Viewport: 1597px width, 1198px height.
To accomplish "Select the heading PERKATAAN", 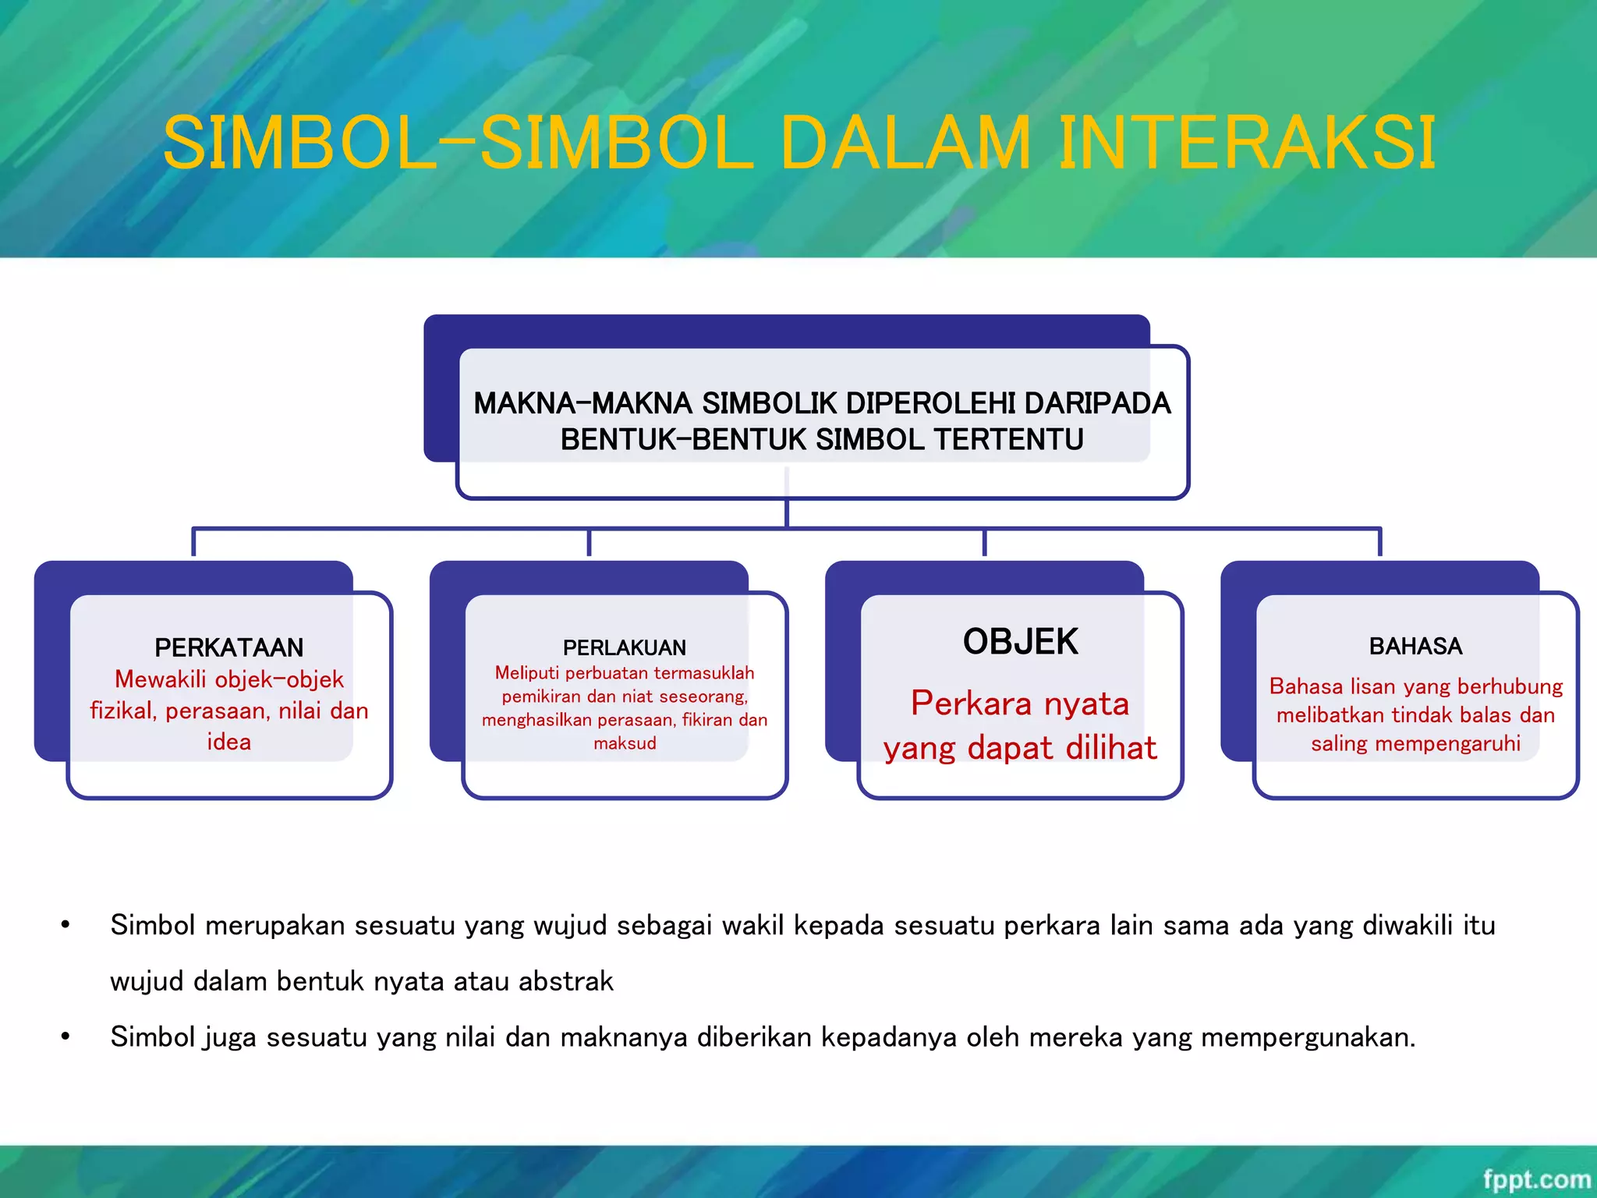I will point(228,647).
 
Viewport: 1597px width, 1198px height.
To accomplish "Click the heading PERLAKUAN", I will point(625,647).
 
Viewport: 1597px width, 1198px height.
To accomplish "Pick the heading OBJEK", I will point(1020,642).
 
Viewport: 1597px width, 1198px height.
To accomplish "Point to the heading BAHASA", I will point(1415,646).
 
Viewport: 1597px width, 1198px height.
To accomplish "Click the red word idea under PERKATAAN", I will point(228,742).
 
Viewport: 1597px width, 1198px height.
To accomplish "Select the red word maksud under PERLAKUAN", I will point(625,743).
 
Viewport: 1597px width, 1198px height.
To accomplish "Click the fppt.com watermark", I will point(1535,1179).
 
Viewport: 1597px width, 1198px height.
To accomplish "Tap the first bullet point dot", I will point(66,925).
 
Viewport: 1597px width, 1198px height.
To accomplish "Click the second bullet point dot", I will point(66,1037).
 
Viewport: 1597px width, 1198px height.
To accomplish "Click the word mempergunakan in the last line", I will point(1308,1037).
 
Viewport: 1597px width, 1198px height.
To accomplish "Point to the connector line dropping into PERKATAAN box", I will point(193,542).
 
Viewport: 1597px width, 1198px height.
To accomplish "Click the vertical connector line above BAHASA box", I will point(1379,542).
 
